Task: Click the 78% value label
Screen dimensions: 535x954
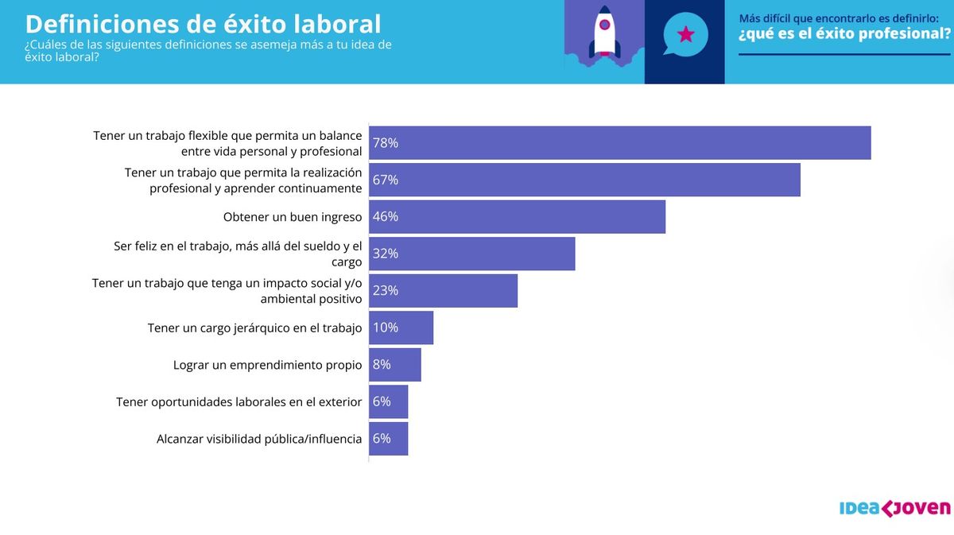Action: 386,143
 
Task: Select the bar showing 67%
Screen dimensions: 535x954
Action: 584,180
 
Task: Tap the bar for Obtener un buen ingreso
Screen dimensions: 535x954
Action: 517,216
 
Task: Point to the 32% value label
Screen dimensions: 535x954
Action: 386,254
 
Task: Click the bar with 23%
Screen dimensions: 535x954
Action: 443,290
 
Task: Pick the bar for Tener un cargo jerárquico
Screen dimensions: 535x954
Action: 401,328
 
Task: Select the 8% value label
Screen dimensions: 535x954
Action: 382,365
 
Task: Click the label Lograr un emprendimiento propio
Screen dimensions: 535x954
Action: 267,365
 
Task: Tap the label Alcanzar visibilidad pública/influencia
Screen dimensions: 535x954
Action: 259,439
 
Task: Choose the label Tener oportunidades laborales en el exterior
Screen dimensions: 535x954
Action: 238,401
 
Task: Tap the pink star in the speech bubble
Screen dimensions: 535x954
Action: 685,35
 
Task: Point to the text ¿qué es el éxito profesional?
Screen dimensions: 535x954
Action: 844,34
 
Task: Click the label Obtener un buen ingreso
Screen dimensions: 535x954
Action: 293,216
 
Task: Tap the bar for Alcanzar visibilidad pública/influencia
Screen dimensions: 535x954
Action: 388,439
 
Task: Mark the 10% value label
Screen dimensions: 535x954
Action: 386,328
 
